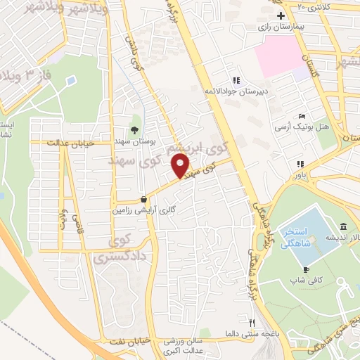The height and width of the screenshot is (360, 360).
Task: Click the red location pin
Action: click(x=181, y=166)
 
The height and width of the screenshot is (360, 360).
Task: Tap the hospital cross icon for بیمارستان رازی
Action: click(x=281, y=15)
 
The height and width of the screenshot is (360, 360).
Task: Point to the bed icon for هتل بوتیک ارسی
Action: click(x=302, y=116)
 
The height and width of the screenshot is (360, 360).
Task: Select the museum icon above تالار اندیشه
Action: click(x=342, y=226)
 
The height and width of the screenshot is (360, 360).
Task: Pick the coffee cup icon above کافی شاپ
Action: click(x=307, y=269)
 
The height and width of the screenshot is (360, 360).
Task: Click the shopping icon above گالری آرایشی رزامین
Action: click(x=143, y=198)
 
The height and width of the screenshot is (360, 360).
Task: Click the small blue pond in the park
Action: click(x=71, y=80)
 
